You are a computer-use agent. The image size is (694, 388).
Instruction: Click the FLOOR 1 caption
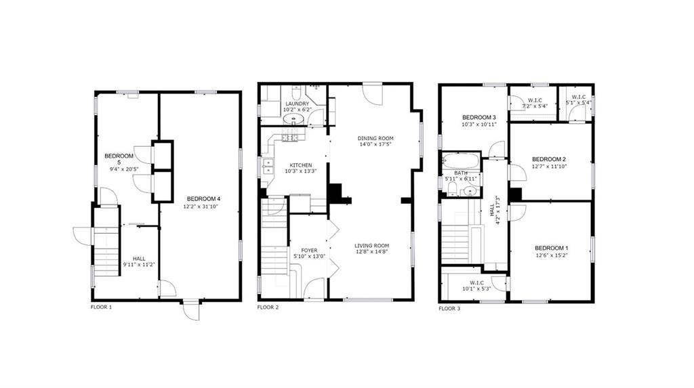(x=101, y=307)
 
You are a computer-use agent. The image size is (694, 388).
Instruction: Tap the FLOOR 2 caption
(x=268, y=307)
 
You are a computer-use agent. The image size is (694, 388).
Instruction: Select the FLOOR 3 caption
(x=449, y=308)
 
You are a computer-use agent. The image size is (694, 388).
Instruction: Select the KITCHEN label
(x=301, y=165)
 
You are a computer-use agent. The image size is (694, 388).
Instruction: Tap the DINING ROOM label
(x=375, y=139)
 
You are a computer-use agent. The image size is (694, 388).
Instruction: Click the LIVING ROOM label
(x=371, y=245)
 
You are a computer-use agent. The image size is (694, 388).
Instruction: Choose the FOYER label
(x=309, y=250)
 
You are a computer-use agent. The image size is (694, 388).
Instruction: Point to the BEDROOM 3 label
(x=479, y=117)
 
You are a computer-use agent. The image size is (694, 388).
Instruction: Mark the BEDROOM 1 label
(x=551, y=248)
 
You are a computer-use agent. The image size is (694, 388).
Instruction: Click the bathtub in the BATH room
(x=461, y=161)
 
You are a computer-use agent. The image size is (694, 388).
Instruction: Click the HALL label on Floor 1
(x=139, y=258)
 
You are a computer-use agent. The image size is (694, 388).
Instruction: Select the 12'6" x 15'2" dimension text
(x=551, y=255)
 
